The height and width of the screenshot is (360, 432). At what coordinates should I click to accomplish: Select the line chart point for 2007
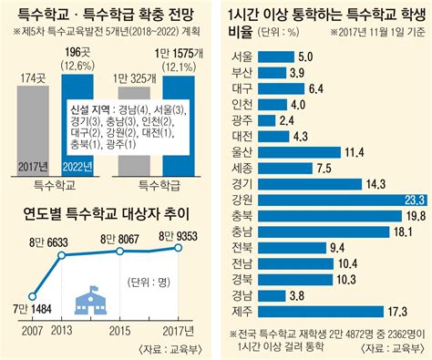point(33,295)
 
